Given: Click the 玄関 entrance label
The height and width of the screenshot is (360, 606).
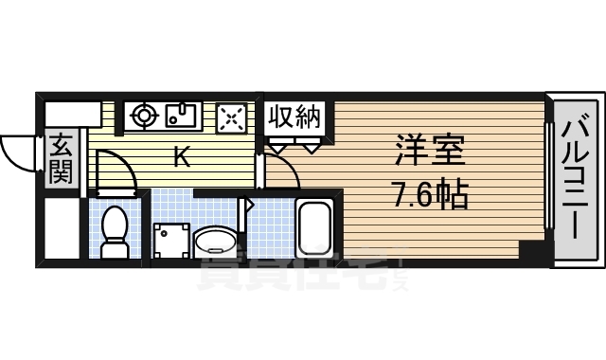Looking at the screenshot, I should tap(61, 158).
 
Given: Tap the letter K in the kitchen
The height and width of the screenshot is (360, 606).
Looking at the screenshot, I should tap(182, 156).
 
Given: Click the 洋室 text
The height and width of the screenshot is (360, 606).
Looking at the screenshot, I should tap(428, 152).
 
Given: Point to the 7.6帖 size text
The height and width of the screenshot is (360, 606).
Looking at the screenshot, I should tap(429, 197).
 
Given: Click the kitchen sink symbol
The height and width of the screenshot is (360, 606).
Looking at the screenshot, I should tap(181, 116).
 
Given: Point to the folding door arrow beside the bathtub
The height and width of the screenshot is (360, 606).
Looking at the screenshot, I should tap(250, 203).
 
